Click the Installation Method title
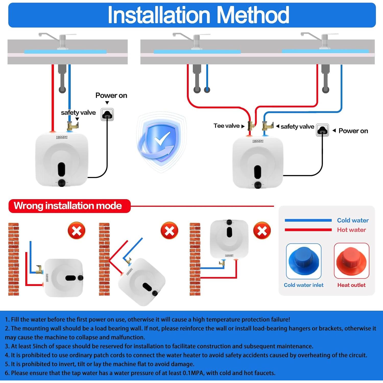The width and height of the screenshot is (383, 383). (198, 15)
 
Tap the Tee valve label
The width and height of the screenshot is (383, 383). (226, 126)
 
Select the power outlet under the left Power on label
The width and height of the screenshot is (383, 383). (107, 114)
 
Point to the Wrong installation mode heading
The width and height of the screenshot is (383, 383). (68, 206)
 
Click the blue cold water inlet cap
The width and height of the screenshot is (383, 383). (304, 260)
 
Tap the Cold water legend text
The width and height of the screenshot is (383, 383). (353, 220)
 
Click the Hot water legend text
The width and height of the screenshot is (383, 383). (351, 230)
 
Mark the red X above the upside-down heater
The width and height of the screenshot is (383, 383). (262, 231)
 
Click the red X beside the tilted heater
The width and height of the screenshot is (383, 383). (169, 231)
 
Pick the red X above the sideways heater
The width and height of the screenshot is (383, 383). (76, 231)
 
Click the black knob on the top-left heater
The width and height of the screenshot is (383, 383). (62, 183)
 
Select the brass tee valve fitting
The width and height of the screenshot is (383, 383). (251, 125)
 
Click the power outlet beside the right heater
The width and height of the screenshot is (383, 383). (322, 130)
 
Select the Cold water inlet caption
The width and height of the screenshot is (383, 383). (304, 285)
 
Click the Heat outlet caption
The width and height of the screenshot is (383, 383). (351, 285)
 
